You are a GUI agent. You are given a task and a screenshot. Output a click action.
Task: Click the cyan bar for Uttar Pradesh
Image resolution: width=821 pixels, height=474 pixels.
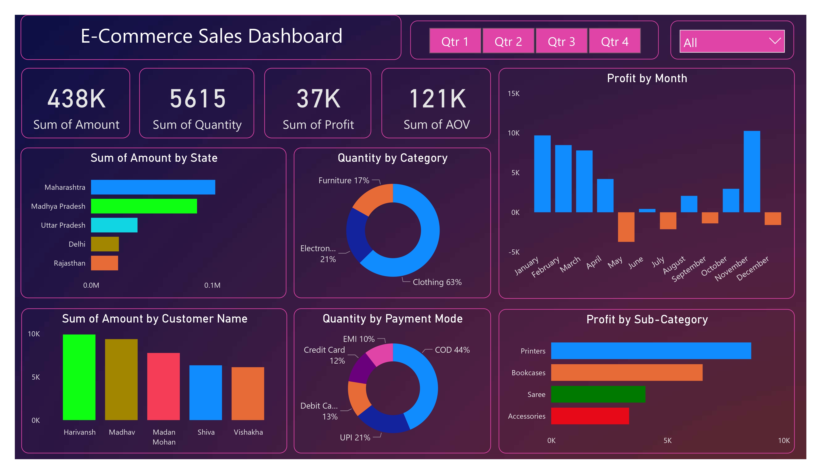click(114, 225)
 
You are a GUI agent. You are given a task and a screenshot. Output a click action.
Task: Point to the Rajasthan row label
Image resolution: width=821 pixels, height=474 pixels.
click(69, 263)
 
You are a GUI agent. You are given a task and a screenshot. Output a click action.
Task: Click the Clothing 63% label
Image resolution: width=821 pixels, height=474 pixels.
click(437, 282)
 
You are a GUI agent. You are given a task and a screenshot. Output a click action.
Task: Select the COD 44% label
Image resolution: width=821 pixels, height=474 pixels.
click(452, 350)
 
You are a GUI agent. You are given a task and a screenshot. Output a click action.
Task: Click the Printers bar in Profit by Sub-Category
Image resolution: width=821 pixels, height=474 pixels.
click(651, 351)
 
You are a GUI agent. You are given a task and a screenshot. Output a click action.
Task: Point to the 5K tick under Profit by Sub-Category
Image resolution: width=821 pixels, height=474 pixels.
click(667, 440)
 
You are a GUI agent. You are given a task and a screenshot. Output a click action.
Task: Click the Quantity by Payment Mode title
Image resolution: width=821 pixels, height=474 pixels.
click(392, 319)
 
